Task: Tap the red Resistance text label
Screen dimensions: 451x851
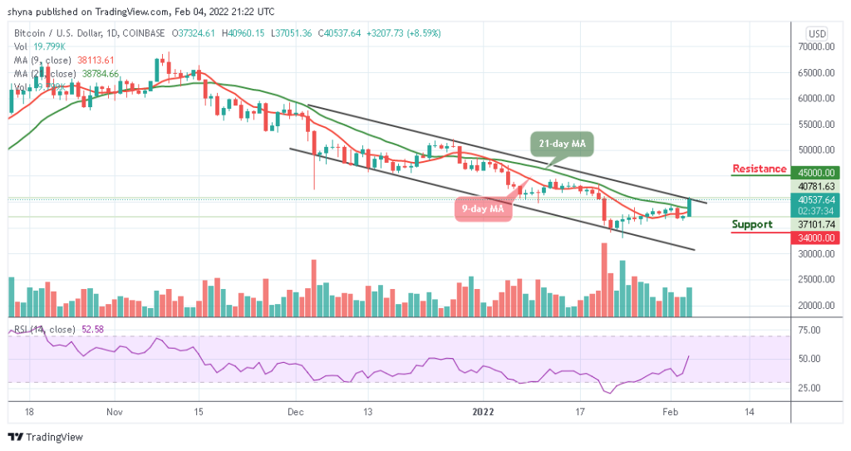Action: tap(759, 169)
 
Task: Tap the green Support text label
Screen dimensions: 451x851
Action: tap(752, 224)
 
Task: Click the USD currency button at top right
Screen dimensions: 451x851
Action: tap(816, 33)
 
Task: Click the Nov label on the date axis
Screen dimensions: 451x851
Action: tap(115, 411)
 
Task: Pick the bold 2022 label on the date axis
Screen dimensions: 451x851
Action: tap(485, 411)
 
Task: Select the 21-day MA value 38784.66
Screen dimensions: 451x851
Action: tap(98, 73)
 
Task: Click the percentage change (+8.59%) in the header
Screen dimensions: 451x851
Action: tap(421, 33)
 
